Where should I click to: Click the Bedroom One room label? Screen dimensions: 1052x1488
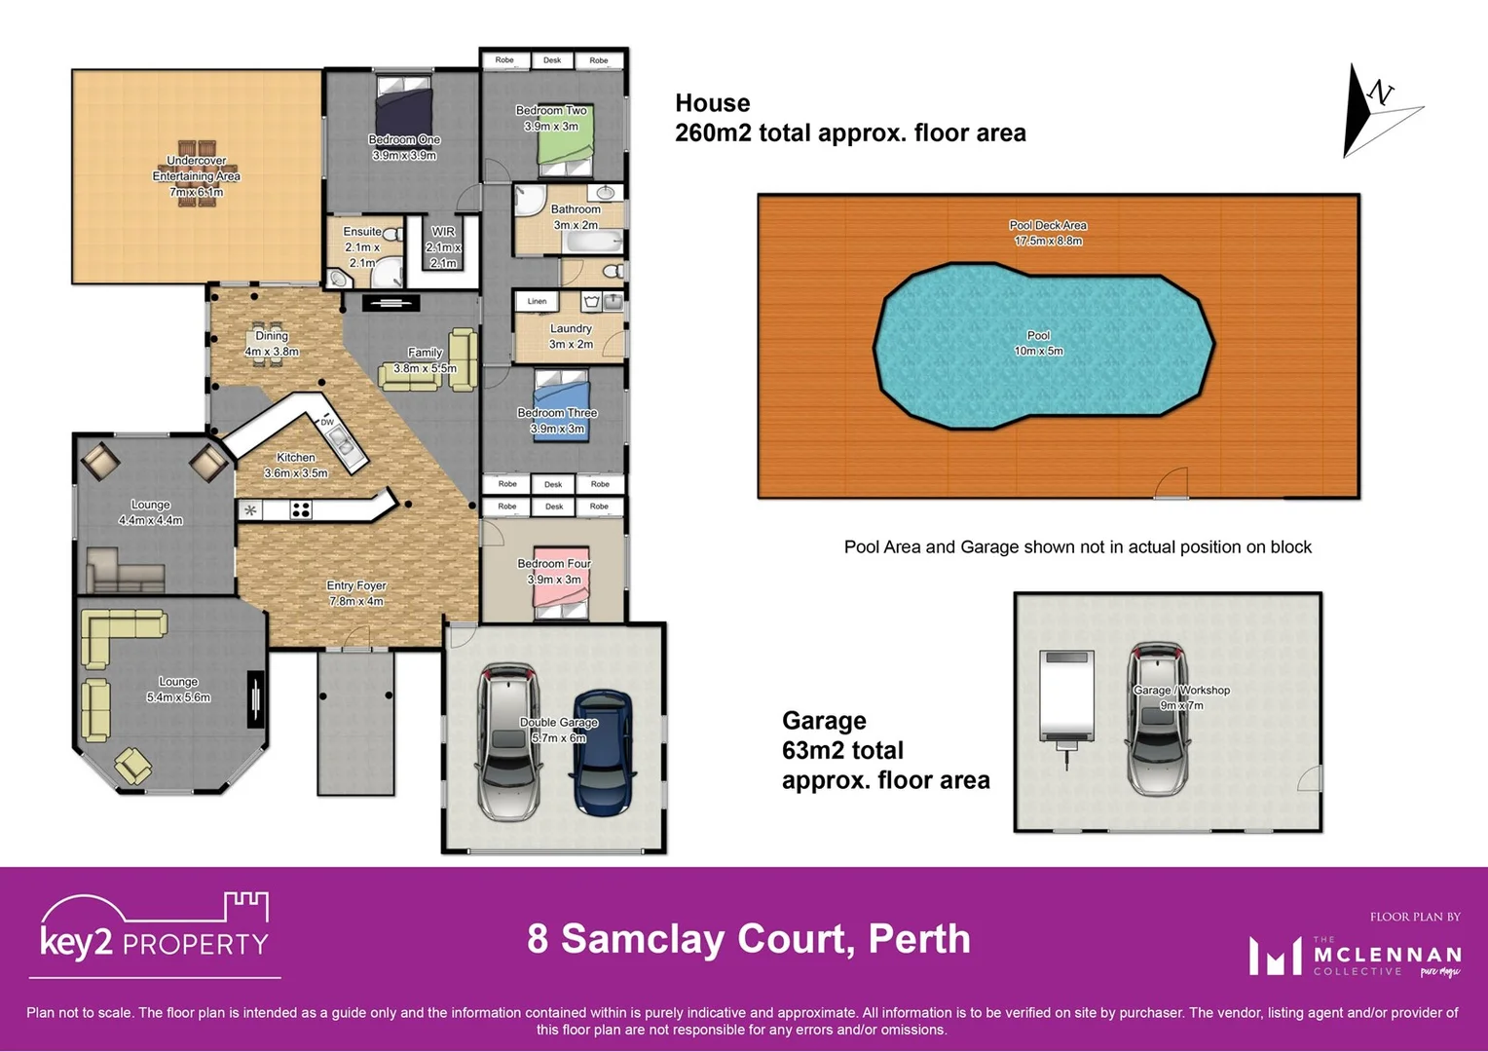[404, 140]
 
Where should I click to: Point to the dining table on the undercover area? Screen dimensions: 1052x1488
[196, 175]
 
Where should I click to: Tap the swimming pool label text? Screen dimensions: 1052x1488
[1038, 336]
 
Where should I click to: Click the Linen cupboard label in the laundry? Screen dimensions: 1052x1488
[537, 302]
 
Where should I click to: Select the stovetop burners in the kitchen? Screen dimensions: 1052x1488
[301, 509]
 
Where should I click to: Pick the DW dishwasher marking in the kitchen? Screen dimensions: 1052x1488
[327, 422]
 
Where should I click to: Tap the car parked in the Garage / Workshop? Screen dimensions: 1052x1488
[1157, 721]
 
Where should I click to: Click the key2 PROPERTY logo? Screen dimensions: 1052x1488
[154, 934]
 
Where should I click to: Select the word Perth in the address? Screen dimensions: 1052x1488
[918, 939]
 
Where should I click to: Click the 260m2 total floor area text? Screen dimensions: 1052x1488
[850, 133]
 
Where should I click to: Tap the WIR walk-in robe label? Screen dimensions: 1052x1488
[443, 232]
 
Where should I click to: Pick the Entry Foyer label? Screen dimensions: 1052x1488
[356, 585]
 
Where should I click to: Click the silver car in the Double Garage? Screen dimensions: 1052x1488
[507, 742]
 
